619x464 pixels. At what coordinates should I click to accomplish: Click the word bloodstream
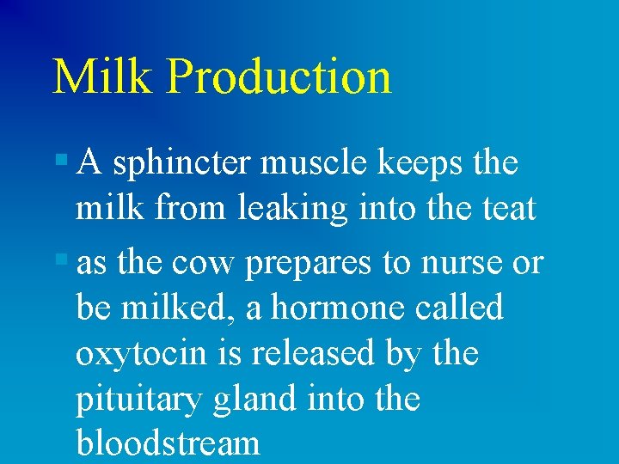[x=168, y=443]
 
